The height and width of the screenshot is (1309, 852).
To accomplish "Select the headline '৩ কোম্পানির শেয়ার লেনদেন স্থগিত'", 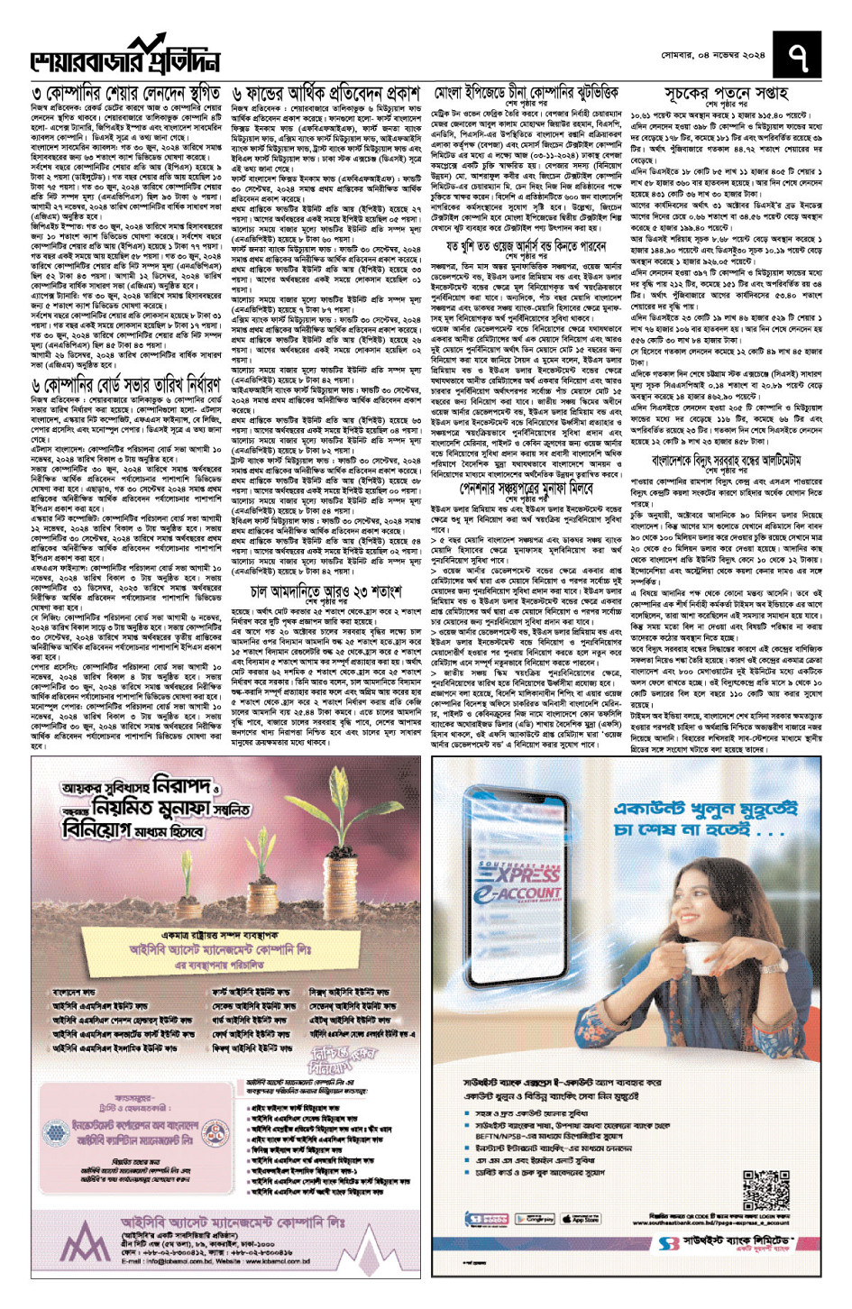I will point(125,94).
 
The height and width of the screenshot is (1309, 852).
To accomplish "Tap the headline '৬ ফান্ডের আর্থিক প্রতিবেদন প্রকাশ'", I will point(325,94).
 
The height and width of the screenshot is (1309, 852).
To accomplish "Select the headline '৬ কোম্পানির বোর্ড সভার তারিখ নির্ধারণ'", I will point(125,385).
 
